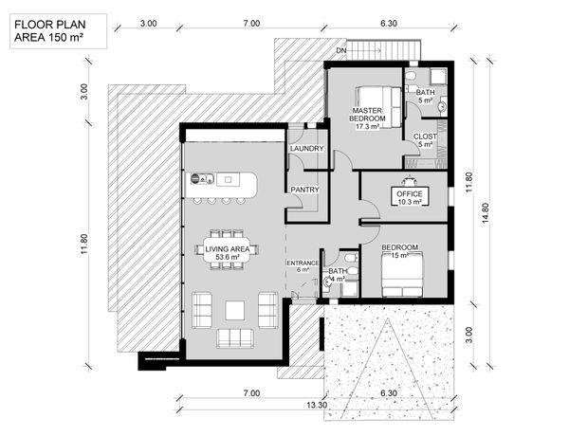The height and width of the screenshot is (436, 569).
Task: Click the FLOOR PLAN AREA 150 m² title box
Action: [x=58, y=31]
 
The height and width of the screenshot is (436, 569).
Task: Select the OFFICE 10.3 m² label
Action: [x=410, y=198]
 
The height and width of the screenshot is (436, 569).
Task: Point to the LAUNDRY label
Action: [x=306, y=149]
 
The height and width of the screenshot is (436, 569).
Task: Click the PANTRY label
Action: [x=304, y=190]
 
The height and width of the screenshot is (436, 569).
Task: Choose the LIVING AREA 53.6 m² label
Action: [x=228, y=253]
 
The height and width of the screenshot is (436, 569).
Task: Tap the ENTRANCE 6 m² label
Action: [x=303, y=266]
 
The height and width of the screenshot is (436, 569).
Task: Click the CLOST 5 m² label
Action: [x=425, y=140]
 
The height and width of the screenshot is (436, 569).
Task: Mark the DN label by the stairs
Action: [x=341, y=50]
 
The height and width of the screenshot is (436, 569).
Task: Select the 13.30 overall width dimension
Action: [x=317, y=405]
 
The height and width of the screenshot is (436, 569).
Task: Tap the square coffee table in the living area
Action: [x=235, y=310]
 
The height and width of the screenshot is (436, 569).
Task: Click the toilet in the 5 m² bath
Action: [x=411, y=76]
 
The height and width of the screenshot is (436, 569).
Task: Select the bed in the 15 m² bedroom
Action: [x=402, y=275]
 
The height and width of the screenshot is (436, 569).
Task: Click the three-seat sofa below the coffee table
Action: [x=235, y=338]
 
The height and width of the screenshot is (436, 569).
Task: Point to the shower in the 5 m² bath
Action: [x=438, y=77]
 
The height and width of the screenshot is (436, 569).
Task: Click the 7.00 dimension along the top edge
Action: [x=251, y=23]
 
